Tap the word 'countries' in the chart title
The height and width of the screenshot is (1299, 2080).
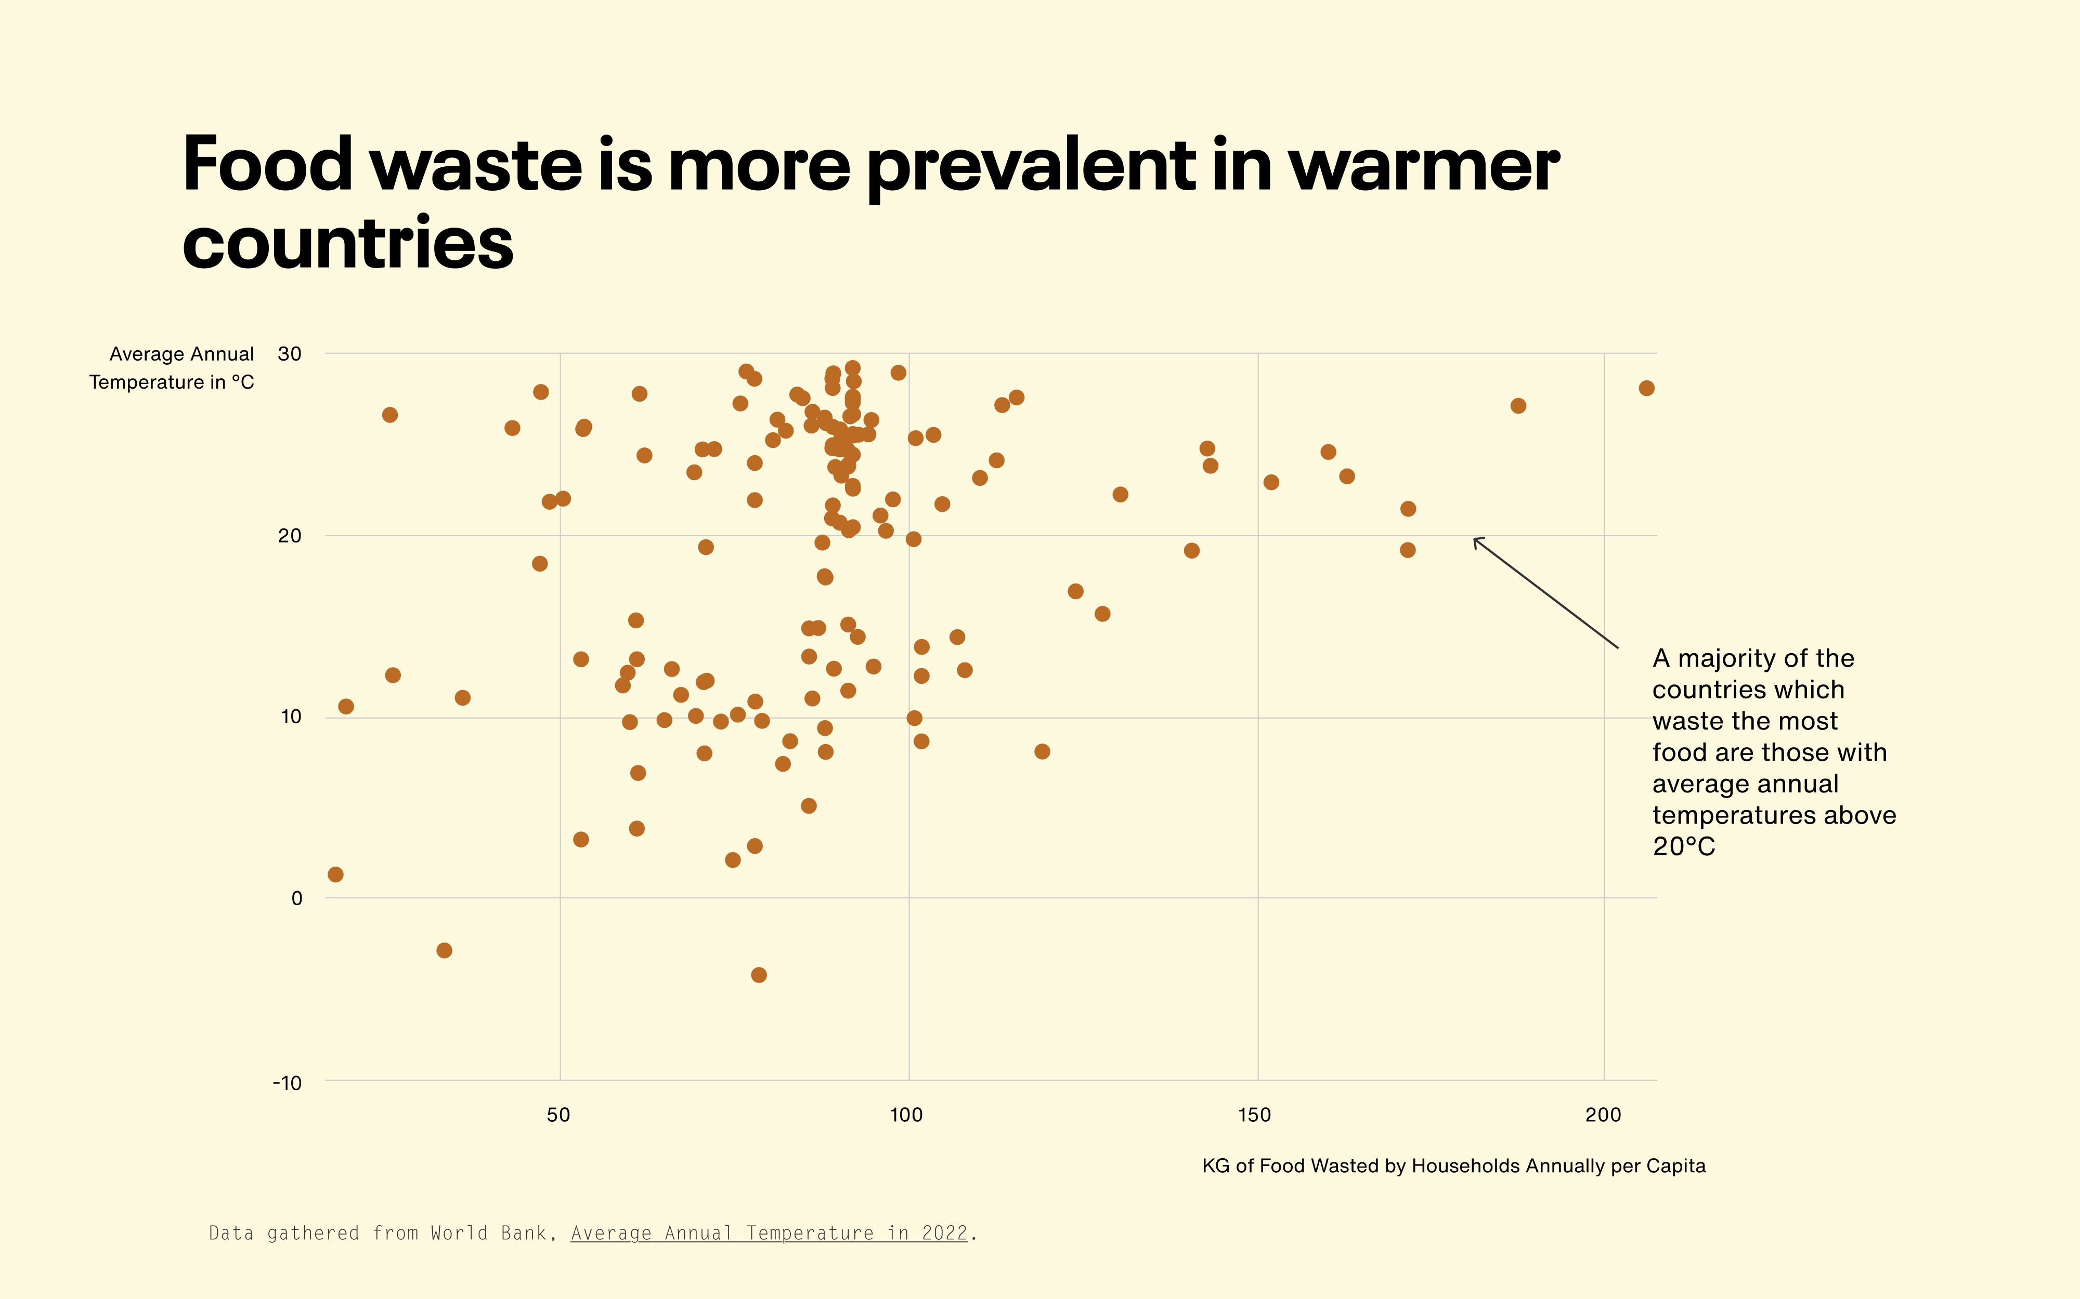[x=348, y=243]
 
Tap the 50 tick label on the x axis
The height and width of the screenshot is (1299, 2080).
[x=558, y=1115]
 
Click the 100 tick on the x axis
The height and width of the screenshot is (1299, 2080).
[x=906, y=1115]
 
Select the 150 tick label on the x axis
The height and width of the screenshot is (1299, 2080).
[x=1255, y=1115]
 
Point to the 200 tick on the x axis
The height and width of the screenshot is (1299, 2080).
[x=1603, y=1115]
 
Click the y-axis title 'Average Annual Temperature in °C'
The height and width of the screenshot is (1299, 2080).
[x=172, y=368]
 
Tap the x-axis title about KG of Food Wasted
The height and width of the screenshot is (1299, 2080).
[x=1453, y=1166]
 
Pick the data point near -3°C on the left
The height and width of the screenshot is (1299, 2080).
[x=445, y=950]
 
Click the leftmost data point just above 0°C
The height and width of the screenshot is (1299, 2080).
[x=336, y=874]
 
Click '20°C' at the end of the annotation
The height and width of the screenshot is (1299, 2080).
[x=1684, y=847]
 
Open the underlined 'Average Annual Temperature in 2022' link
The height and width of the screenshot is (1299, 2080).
[x=769, y=1234]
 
